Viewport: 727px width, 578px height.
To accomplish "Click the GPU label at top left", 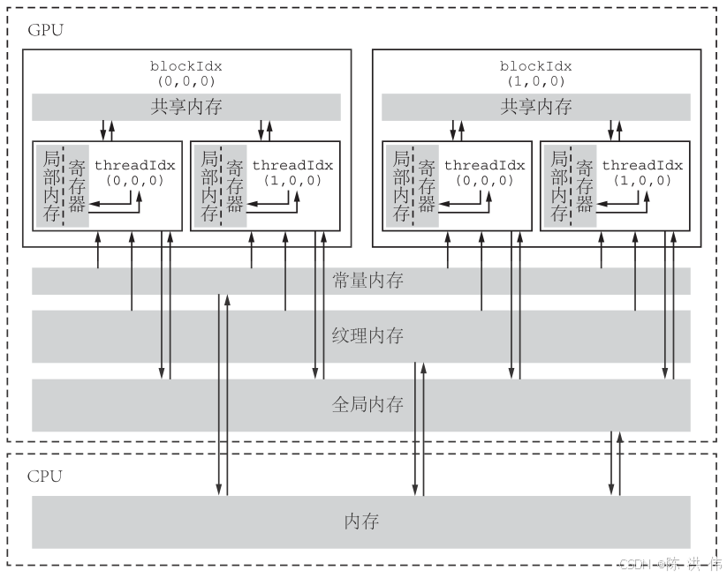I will [45, 29].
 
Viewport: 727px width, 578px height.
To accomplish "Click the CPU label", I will [45, 477].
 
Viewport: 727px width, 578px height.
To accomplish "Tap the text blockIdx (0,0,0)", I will [186, 73].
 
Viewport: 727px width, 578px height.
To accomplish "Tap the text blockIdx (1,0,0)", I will [536, 73].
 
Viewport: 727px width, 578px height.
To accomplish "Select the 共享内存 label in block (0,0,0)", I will [186, 108].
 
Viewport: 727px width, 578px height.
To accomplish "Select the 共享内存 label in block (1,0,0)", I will [536, 108].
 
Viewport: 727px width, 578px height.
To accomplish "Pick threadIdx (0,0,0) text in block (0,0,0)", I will [135, 172].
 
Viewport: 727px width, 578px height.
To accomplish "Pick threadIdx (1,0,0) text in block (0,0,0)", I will [293, 172].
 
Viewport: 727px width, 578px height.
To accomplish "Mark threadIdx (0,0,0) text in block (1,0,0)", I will [485, 172].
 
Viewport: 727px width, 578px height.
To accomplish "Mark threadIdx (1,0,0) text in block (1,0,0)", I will [643, 172].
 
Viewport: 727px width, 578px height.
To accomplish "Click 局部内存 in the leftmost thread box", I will [49, 186].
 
